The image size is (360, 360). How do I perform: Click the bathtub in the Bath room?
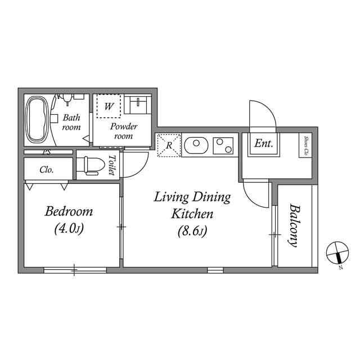tap(37, 120)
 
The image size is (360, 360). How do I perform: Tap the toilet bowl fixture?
tap(91, 166)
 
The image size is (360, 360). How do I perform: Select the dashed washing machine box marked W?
tap(109, 106)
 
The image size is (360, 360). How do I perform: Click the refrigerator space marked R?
tap(169, 145)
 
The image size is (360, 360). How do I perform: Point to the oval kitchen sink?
tap(196, 146)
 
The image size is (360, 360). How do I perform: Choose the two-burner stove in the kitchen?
tap(223, 146)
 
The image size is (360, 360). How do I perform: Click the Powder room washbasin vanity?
tap(138, 105)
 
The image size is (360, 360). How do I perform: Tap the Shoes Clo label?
tap(306, 146)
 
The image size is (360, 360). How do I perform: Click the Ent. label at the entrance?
tap(264, 144)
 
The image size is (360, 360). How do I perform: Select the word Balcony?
tap(295, 225)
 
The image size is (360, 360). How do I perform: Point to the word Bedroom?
tap(69, 211)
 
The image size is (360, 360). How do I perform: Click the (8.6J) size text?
tap(192, 231)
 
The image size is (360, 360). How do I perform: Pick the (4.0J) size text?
tap(69, 229)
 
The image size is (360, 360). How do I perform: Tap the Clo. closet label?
tap(47, 170)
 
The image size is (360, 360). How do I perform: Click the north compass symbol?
tap(337, 253)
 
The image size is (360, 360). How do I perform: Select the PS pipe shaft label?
tap(47, 152)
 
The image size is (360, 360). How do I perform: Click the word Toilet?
tap(112, 165)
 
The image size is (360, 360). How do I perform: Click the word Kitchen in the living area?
tap(192, 214)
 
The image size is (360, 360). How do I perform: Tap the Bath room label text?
tap(71, 122)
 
